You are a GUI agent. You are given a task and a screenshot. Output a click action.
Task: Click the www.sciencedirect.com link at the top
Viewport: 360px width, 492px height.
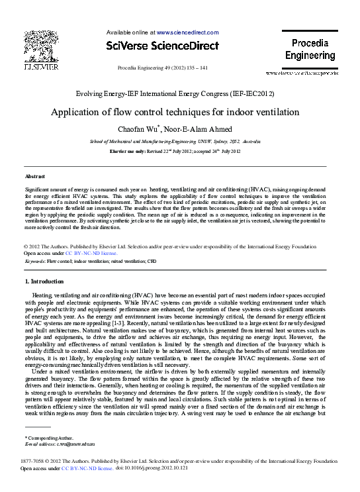click(187, 32)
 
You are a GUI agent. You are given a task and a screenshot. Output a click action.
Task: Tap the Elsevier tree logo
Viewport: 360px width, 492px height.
click(40, 48)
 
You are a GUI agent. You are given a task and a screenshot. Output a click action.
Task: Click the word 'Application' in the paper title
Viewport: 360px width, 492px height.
click(77, 112)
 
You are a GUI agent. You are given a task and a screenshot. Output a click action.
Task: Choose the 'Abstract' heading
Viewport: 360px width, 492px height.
click(34, 177)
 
